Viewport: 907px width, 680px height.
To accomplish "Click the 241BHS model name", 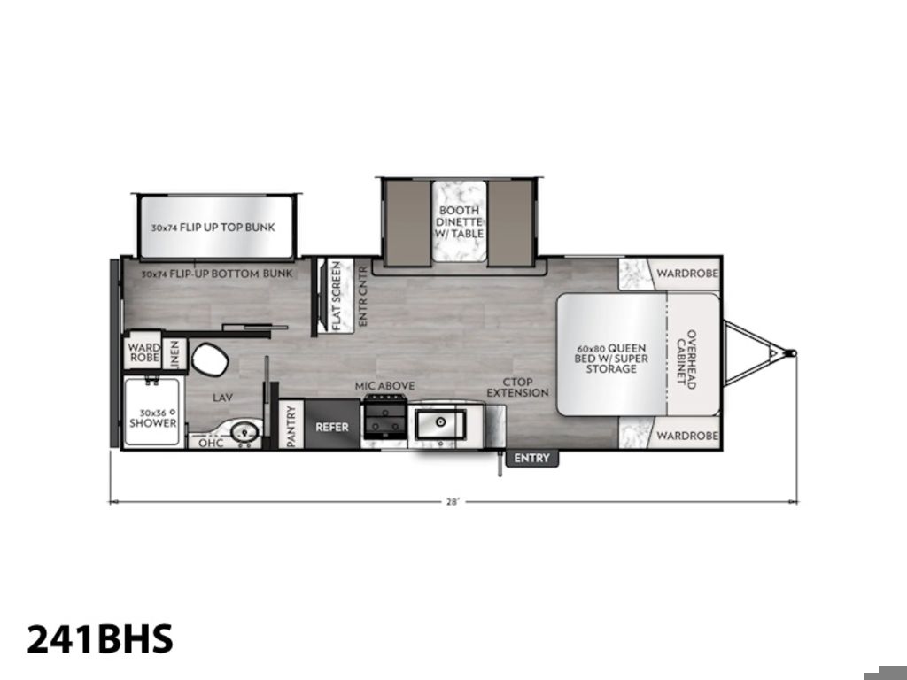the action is pyautogui.click(x=100, y=639).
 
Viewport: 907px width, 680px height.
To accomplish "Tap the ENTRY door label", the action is pyautogui.click(x=531, y=458).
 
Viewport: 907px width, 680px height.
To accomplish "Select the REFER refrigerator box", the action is pyautogui.click(x=332, y=424).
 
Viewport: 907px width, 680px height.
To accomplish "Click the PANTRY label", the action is pyautogui.click(x=291, y=426).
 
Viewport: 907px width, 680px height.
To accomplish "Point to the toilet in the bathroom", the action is pyautogui.click(x=209, y=359).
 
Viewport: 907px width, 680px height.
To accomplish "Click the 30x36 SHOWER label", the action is pyautogui.click(x=152, y=418).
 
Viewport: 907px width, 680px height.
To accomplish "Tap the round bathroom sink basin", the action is pyautogui.click(x=244, y=431).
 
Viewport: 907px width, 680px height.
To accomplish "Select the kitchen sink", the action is pyautogui.click(x=440, y=424).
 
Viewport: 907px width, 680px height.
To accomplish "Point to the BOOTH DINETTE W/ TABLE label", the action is pyautogui.click(x=460, y=221).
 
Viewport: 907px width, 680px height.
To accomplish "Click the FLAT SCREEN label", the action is pyautogui.click(x=336, y=296).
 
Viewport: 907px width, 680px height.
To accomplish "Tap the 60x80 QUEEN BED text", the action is pyautogui.click(x=611, y=353).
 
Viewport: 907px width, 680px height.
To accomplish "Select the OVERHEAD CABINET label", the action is pyautogui.click(x=686, y=359).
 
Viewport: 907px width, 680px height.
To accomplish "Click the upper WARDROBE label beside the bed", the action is pyautogui.click(x=687, y=273).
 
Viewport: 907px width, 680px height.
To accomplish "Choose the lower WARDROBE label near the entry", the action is pyautogui.click(x=687, y=436).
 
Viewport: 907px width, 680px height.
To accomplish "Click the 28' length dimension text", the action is pyautogui.click(x=453, y=502).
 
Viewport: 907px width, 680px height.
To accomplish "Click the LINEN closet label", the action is pyautogui.click(x=174, y=354).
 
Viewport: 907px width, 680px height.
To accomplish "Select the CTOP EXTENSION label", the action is pyautogui.click(x=517, y=388).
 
